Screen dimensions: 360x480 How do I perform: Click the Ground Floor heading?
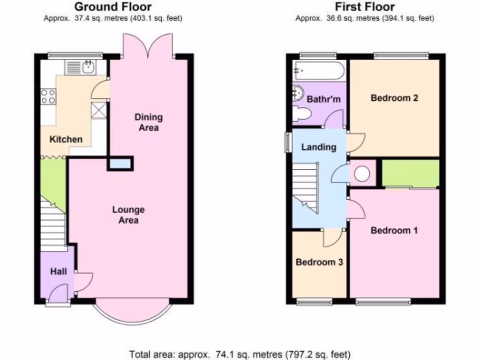[x=113, y=7]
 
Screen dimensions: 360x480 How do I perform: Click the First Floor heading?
[x=364, y=7]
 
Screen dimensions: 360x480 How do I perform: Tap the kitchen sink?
[x=87, y=67]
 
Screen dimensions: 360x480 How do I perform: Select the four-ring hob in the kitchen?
[x=48, y=96]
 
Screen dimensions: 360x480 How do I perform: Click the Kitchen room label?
[x=66, y=139]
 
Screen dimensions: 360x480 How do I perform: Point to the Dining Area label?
[x=149, y=122]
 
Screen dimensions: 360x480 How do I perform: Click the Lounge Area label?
[x=128, y=215]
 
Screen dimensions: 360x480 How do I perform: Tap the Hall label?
[x=58, y=271]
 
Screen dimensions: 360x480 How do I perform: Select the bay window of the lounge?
[x=130, y=312]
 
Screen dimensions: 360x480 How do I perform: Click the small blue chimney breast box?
[x=120, y=163]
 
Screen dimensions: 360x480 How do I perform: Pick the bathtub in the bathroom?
[x=318, y=71]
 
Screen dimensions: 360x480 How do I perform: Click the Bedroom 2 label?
[x=394, y=98]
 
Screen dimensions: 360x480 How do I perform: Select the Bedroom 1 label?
[x=394, y=230]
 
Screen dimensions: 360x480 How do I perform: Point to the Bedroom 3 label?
[x=319, y=262]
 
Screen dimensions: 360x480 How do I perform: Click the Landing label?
[x=319, y=147]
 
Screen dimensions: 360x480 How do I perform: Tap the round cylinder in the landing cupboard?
[x=362, y=173]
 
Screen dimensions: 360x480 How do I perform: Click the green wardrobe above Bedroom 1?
[x=411, y=173]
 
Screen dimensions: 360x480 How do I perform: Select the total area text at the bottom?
[x=240, y=354]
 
